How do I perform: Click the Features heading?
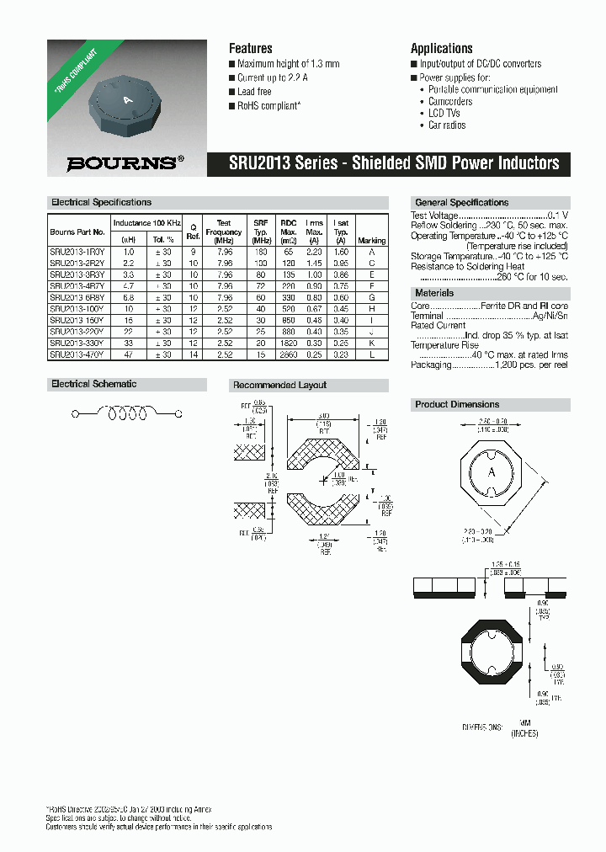[251, 48]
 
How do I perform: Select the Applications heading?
[441, 48]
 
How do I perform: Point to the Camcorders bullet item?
[450, 101]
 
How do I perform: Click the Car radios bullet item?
[447, 125]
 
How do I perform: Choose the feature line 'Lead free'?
[254, 92]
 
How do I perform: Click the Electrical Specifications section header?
[101, 202]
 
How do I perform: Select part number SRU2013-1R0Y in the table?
[77, 252]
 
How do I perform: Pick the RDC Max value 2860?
[289, 354]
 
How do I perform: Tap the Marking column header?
[372, 241]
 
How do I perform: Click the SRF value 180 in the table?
[261, 252]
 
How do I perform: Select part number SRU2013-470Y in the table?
[77, 354]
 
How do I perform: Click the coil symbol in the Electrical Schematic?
[125, 413]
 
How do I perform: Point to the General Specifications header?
[461, 203]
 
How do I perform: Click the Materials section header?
[434, 293]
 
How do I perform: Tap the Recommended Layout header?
[279, 385]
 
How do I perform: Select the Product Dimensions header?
[457, 405]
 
